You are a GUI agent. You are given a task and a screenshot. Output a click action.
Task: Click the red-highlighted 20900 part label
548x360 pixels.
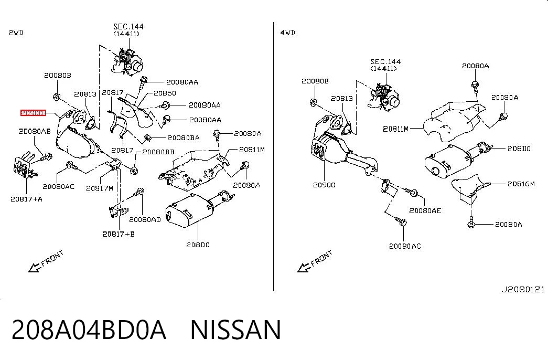(x=33, y=113)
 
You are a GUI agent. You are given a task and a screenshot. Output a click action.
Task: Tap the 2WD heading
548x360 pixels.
(x=16, y=33)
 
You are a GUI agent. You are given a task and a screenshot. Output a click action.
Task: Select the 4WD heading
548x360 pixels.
(x=287, y=33)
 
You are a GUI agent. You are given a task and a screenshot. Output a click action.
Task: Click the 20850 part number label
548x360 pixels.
(x=165, y=93)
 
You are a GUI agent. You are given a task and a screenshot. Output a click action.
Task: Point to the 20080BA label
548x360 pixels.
(x=184, y=138)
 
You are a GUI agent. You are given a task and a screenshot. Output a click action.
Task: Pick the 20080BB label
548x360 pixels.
(x=158, y=152)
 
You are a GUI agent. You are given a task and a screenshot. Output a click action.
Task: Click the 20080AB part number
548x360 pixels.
(x=35, y=131)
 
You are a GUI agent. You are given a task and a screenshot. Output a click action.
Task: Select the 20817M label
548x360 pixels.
(x=100, y=188)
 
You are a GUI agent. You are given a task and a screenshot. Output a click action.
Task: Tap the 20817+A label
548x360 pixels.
(x=27, y=199)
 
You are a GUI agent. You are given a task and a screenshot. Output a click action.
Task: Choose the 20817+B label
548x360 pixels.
(x=119, y=234)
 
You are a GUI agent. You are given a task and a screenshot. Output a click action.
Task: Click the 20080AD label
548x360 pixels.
(x=145, y=220)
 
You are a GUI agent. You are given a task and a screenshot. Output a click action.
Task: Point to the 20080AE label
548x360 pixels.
(x=425, y=210)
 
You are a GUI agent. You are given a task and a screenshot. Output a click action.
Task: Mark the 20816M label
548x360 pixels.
(x=521, y=184)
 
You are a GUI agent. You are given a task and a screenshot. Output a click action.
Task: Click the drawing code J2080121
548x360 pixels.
(x=523, y=290)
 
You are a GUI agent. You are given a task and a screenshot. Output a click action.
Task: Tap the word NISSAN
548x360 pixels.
(x=235, y=330)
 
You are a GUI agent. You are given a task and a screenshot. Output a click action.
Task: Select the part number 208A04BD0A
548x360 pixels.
(x=89, y=330)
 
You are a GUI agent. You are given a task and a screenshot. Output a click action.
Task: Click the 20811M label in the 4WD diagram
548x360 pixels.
(x=395, y=129)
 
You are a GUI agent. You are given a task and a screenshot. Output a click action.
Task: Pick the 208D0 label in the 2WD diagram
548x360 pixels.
(x=198, y=245)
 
